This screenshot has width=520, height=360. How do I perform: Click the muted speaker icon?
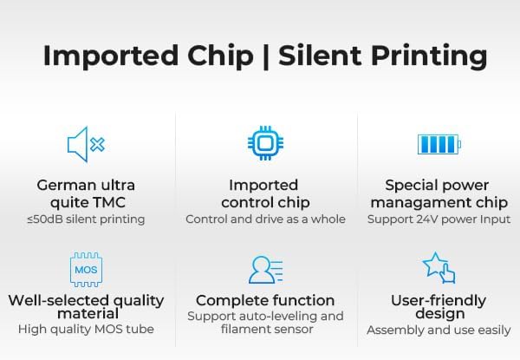click(x=86, y=144)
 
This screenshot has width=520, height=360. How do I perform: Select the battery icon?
click(x=439, y=143)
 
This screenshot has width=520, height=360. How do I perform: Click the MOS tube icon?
click(x=85, y=270)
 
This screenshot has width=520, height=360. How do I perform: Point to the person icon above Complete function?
click(x=264, y=270)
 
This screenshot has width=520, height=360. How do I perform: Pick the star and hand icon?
click(x=439, y=268)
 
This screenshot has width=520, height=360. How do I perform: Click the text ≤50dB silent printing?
click(x=86, y=219)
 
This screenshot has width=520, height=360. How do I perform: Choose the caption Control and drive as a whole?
click(x=265, y=219)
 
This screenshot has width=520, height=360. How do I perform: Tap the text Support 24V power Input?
click(x=439, y=219)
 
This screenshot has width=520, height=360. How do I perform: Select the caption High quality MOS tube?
click(x=86, y=330)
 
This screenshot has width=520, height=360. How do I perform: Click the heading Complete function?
click(x=265, y=300)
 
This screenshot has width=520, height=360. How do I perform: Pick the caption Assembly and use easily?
click(x=439, y=330)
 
